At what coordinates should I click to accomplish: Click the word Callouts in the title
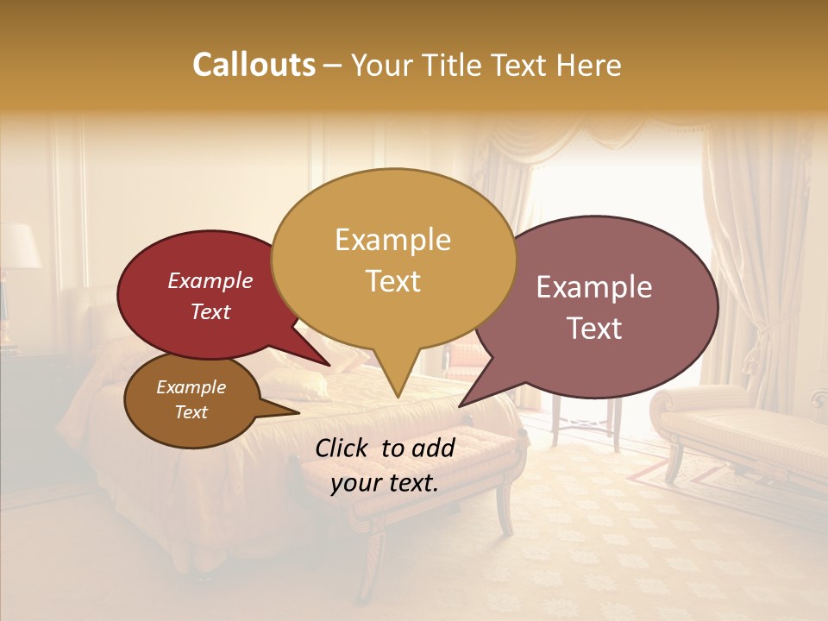coord(254,65)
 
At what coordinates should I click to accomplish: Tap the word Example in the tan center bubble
coord(392,240)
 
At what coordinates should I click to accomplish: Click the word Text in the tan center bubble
coord(392,281)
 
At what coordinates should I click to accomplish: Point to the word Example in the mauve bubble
coord(594,287)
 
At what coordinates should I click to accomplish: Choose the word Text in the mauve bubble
coord(594,329)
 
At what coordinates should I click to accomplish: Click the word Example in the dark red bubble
coord(210,280)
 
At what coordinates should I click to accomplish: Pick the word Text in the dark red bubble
coord(210,311)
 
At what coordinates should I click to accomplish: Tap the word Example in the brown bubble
coord(191,387)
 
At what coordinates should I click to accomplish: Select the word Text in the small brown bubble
coord(191,412)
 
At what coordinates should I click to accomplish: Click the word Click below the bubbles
coord(344,448)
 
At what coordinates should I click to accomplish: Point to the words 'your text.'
coord(384,483)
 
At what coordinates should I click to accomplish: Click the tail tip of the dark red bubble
coord(329,365)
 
